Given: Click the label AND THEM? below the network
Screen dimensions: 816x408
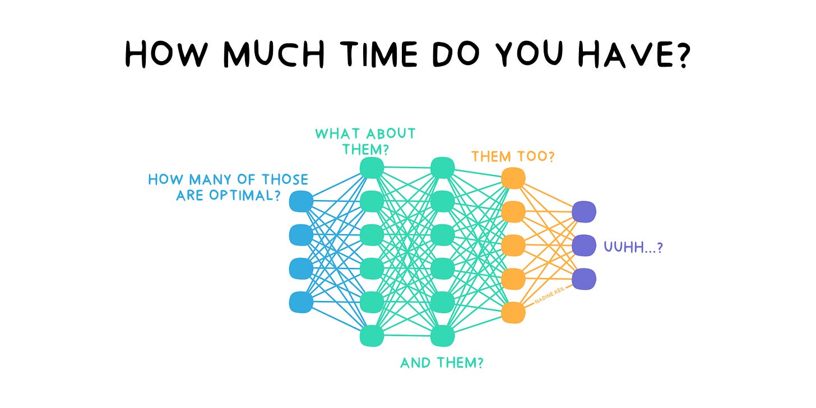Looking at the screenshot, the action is (442, 363).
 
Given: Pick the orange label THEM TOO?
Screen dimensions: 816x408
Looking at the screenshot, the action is (513, 156).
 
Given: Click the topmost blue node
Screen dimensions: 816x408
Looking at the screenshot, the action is (301, 201).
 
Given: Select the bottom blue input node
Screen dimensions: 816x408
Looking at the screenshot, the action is (301, 302).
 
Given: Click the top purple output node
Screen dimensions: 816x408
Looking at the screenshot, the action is (584, 212).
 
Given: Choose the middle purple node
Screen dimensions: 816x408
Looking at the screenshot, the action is (584, 245).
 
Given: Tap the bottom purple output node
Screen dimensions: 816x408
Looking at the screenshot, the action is (584, 279).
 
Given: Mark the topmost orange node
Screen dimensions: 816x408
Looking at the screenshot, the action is (513, 178).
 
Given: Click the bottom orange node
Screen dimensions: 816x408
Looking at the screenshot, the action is (513, 312).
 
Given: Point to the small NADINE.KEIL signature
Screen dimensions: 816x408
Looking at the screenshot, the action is (549, 295).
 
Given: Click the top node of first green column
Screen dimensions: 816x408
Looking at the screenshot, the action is (372, 168).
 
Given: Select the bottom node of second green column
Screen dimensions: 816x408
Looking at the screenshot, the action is (443, 336).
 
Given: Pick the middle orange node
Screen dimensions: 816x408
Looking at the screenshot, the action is (513, 245).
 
